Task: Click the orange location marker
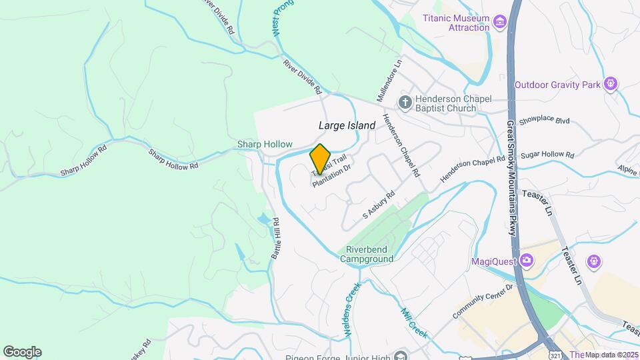pos(321,158)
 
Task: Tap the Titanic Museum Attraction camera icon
pos(499,23)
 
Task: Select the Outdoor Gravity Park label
pos(558,84)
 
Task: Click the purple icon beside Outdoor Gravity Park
pos(610,84)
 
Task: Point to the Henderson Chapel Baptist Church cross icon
pos(404,103)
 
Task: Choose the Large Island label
pos(347,125)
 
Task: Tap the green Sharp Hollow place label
pos(265,144)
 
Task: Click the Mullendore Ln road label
pos(390,78)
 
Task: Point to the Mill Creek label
pos(414,322)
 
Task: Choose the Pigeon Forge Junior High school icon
pos(399,355)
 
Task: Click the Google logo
pos(22,352)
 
